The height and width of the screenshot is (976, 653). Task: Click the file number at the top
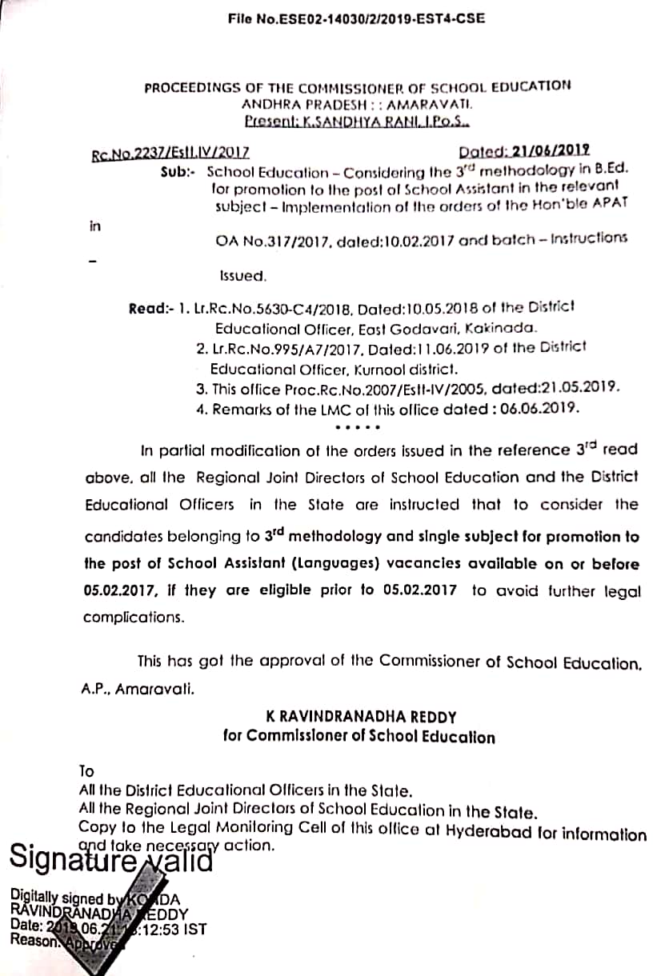(356, 17)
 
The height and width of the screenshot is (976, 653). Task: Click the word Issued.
(242, 275)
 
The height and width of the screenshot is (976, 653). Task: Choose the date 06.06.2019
(538, 408)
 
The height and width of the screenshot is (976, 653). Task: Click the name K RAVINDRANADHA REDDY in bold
(357, 717)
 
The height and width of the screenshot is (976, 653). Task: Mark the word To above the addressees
(86, 771)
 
